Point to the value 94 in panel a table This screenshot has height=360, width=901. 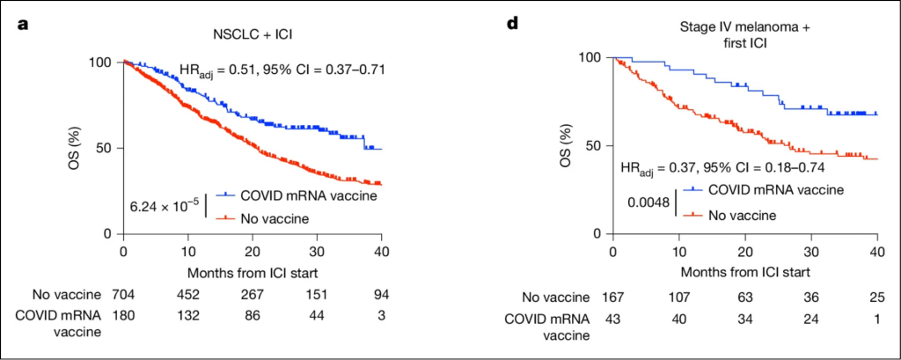(x=381, y=293)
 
